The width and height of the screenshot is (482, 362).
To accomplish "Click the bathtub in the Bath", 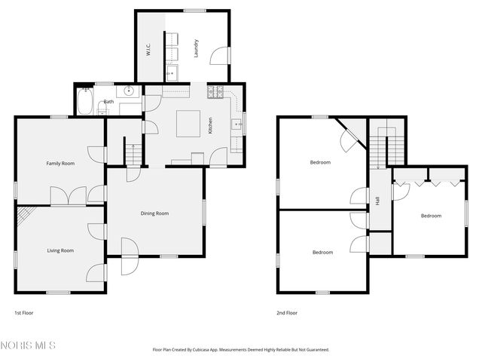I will [x=84, y=102].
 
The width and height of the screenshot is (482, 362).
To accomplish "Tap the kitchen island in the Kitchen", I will [x=188, y=123].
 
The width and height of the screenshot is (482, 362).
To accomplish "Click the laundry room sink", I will [x=172, y=73].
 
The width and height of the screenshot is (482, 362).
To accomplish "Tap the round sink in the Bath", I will [x=130, y=91].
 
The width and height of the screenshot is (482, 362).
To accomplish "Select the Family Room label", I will [x=60, y=163].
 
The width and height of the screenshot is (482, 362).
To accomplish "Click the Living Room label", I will [x=60, y=250].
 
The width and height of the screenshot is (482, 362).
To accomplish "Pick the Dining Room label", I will [x=154, y=213].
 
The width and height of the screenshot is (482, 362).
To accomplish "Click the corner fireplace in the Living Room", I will [x=26, y=216].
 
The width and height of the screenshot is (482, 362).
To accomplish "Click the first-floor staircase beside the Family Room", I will [x=133, y=155].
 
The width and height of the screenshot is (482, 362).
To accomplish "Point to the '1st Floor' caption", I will [x=24, y=312].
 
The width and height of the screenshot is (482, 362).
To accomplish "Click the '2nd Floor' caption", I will [x=286, y=312].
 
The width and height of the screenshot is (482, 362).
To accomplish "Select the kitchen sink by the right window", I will [x=236, y=125].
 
